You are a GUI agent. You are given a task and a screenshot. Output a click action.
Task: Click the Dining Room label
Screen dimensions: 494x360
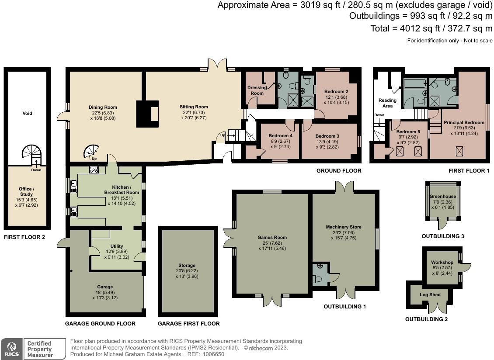click(103, 107)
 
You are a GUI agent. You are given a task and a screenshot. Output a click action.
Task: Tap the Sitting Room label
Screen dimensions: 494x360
click(194, 107)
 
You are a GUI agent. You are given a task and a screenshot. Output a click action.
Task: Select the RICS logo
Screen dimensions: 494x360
click(11, 349)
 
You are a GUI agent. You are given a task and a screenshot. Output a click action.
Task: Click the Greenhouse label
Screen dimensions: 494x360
click(443, 196)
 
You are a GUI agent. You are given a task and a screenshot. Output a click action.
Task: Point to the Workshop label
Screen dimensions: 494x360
click(442, 262)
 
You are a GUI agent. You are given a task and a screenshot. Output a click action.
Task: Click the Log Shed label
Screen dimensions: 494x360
click(430, 295)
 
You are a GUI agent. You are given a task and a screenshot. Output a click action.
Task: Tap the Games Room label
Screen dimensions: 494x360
click(272, 238)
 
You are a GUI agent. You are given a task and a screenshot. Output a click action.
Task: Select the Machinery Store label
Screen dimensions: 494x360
click(344, 227)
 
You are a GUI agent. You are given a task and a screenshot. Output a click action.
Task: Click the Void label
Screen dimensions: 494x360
click(28, 114)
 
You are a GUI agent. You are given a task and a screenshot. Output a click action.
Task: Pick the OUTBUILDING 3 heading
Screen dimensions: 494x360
click(443, 236)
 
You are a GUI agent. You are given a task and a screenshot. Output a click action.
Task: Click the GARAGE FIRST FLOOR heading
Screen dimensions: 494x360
click(189, 323)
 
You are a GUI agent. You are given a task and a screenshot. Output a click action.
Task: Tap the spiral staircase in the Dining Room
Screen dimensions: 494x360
click(91, 152)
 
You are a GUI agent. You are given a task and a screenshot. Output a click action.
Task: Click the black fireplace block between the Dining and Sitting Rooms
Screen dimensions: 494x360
click(147, 114)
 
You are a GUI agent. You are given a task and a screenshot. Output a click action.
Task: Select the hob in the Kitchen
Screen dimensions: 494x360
click(94, 170)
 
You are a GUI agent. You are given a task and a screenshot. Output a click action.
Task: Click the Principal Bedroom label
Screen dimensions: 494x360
click(464, 122)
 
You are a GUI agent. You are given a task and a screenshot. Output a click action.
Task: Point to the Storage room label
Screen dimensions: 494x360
click(187, 266)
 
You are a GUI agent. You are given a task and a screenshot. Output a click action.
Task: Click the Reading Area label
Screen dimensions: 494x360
click(387, 103)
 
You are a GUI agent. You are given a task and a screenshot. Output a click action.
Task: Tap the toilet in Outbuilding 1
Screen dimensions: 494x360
click(317, 279)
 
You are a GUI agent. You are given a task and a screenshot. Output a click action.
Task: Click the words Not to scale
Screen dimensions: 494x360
click(479, 41)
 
